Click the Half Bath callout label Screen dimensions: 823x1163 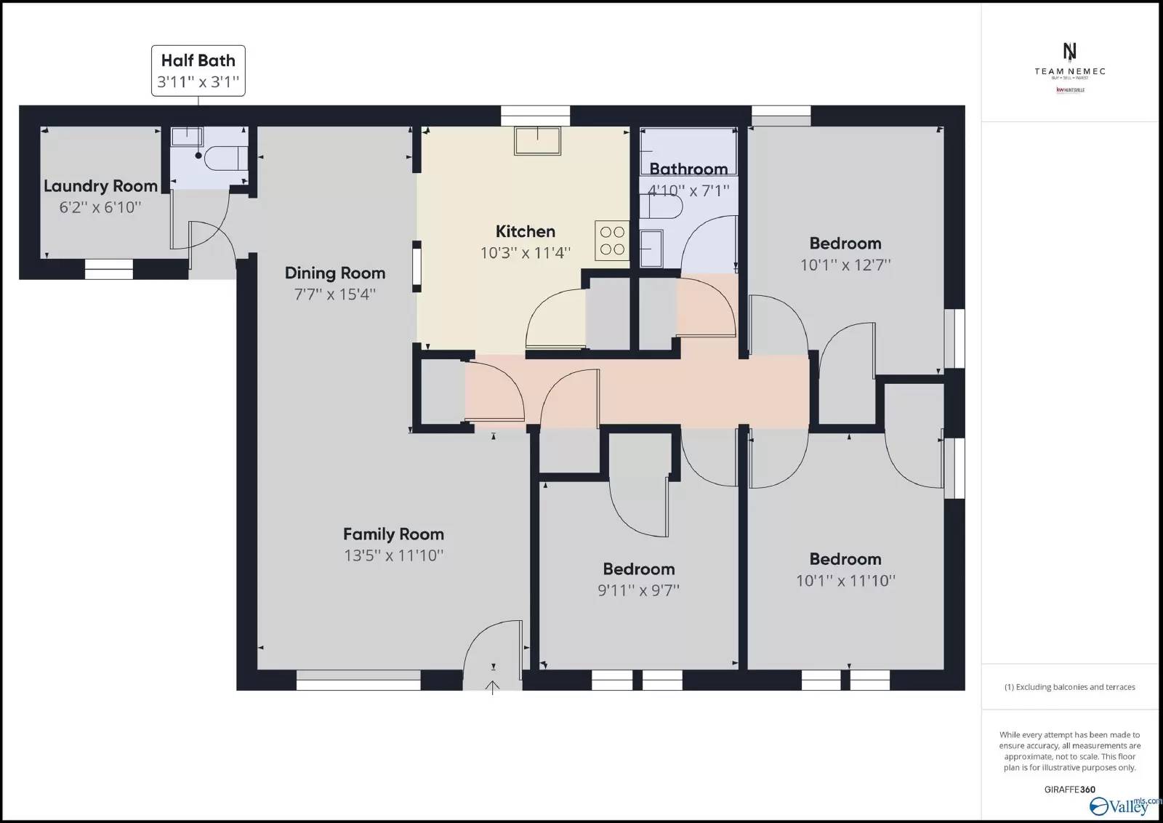tap(198, 71)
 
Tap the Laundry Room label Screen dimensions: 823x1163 tap(100, 186)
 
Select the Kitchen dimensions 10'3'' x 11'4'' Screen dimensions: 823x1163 tap(525, 253)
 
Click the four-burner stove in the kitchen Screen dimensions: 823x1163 tap(612, 241)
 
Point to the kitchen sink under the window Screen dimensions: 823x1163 tap(537, 140)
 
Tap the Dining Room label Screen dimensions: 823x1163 tap(334, 273)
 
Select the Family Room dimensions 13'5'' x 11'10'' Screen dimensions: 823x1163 tap(393, 555)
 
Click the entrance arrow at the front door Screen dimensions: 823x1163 tap(493, 686)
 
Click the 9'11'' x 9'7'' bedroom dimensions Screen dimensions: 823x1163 tap(638, 590)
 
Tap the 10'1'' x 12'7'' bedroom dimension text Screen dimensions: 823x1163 tap(845, 265)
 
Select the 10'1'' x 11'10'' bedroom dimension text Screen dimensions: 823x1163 tap(845, 580)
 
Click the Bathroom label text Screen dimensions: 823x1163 tap(688, 169)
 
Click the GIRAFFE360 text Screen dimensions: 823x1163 tap(1069, 790)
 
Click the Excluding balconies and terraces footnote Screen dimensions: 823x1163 tap(1069, 687)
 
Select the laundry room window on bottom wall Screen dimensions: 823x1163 tap(109, 273)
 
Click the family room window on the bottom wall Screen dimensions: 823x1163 tap(358, 684)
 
